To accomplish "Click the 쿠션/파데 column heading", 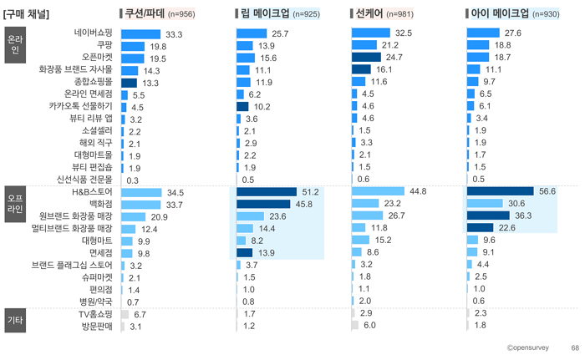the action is point(145,14).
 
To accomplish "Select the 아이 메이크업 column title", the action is point(500,14).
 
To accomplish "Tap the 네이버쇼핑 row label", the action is point(93,33).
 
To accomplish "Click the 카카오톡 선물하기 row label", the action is point(80,106).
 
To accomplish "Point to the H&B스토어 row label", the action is point(92,192).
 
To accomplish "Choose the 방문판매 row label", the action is point(97,327).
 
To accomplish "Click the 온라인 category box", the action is point(15,45).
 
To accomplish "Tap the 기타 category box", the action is point(15,320).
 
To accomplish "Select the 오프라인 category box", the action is point(15,204).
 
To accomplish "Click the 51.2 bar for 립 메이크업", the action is point(267,192).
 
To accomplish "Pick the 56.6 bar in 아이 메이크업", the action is point(501,191).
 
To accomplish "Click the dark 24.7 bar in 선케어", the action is point(366,57).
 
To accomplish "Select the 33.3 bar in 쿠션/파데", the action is point(140,34).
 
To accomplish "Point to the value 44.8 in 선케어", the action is point(418,191).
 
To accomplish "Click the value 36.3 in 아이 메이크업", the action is point(523,215).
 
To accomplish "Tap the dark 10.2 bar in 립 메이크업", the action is point(242,107).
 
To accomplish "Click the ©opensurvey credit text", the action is point(527,347).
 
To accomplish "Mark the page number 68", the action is point(575,347).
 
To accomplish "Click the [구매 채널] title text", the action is point(26,14).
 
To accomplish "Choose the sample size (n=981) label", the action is point(400,14).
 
